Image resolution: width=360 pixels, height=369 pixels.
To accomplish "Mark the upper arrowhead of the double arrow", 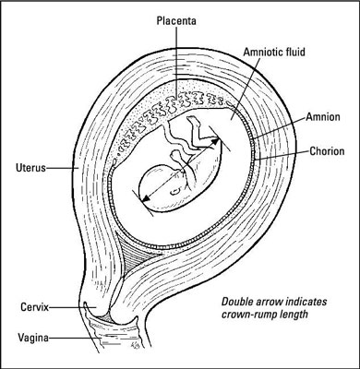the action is pyautogui.click(x=219, y=140).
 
